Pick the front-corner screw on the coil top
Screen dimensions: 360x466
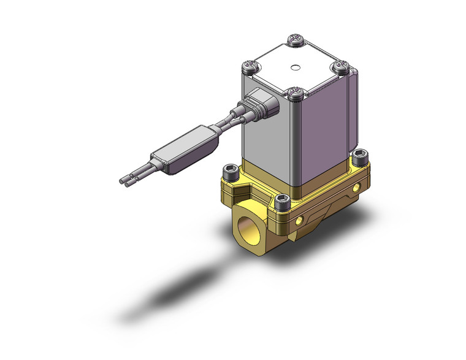click(x=296, y=92)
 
